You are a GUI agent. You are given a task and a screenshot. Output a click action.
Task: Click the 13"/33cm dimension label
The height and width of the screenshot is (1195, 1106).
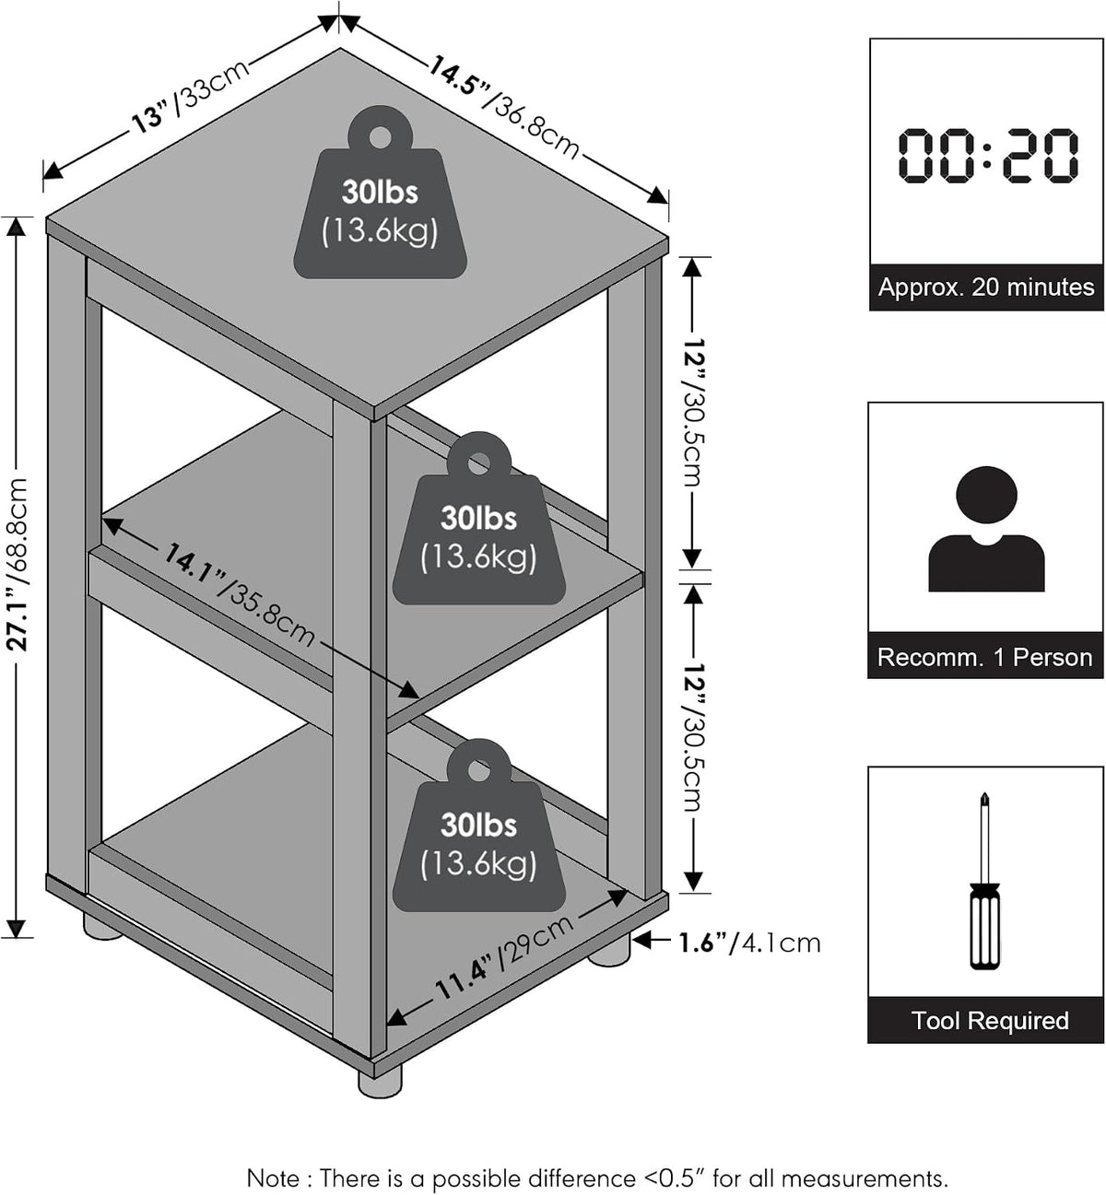pyautogui.click(x=190, y=96)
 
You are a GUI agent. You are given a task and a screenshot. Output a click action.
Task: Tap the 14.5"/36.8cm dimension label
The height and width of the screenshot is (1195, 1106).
pyautogui.click(x=503, y=109)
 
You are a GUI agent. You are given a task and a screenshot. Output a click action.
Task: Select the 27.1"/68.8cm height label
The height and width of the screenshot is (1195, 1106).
pyautogui.click(x=18, y=565)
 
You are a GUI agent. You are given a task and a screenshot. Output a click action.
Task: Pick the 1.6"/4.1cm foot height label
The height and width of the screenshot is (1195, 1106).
pyautogui.click(x=749, y=943)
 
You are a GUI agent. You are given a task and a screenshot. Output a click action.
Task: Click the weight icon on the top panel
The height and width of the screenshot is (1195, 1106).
pyautogui.click(x=380, y=193)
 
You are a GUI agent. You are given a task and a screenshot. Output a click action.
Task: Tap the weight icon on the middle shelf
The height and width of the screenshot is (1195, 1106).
pyautogui.click(x=478, y=518)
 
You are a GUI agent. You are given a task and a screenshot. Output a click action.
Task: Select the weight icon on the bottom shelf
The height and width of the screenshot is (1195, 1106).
pyautogui.click(x=478, y=825)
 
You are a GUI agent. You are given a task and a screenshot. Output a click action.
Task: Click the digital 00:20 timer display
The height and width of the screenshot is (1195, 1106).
pyautogui.click(x=988, y=155)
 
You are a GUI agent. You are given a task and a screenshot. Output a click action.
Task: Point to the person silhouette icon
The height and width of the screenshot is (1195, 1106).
pyautogui.click(x=986, y=529)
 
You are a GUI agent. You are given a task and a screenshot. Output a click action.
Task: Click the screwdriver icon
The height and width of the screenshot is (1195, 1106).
pyautogui.click(x=984, y=881)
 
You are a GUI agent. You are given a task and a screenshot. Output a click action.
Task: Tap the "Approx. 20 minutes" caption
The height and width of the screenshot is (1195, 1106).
pyautogui.click(x=986, y=287)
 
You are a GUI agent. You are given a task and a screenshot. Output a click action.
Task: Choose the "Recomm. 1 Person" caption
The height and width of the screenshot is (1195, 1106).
pyautogui.click(x=985, y=657)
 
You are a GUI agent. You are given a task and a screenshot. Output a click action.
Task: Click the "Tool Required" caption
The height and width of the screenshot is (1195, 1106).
pyautogui.click(x=990, y=1021)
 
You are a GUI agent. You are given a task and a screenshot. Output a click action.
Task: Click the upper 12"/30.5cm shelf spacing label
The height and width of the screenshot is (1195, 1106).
pyautogui.click(x=693, y=413)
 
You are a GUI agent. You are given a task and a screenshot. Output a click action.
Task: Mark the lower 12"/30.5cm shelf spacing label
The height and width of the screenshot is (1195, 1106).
pyautogui.click(x=693, y=737)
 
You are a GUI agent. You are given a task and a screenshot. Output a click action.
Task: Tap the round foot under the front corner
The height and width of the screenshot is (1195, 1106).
pyautogui.click(x=380, y=1084)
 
